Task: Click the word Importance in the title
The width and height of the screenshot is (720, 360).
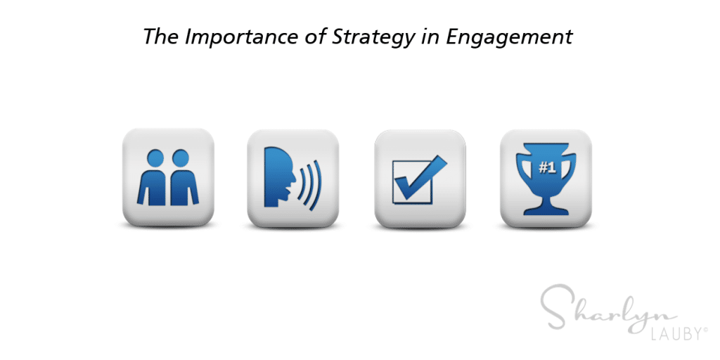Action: [242, 37]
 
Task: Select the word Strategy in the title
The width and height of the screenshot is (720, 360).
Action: [373, 37]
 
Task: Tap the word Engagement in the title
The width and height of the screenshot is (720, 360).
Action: [509, 37]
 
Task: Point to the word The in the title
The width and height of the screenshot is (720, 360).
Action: [161, 36]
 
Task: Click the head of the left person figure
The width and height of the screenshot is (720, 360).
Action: [155, 157]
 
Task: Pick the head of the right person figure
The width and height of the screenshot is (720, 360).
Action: [181, 157]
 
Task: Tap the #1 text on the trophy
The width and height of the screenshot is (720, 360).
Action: [547, 168]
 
